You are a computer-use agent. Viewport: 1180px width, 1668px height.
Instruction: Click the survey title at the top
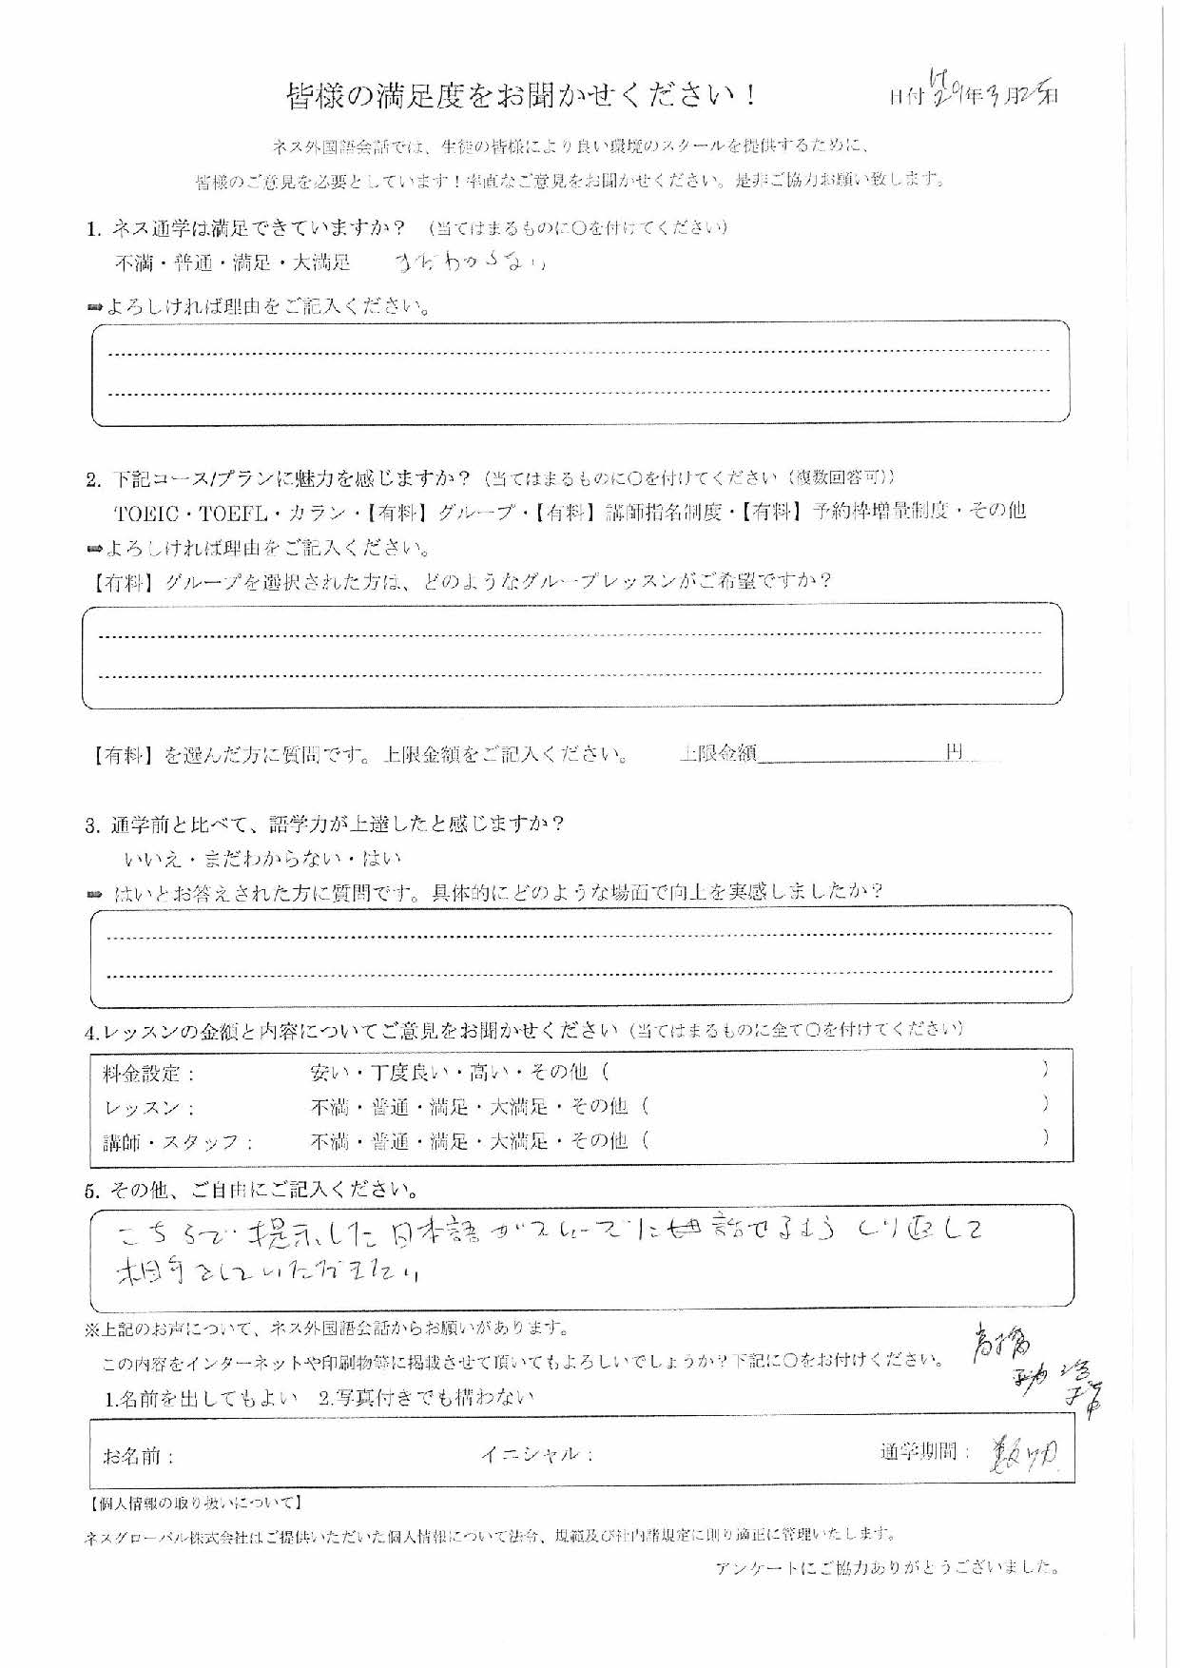tap(522, 96)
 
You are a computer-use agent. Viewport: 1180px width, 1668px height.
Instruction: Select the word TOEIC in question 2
tap(146, 514)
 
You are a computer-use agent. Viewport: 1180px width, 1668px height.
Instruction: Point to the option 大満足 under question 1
tap(321, 262)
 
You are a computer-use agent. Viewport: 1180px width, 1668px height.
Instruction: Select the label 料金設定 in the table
tap(148, 1074)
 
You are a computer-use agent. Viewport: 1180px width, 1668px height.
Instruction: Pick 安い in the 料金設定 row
tap(329, 1073)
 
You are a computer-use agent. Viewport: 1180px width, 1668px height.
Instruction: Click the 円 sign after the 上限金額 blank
tap(955, 753)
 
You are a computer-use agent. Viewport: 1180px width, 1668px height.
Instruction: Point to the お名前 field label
tap(139, 1457)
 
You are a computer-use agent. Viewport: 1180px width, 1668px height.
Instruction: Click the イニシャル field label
tap(537, 1455)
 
